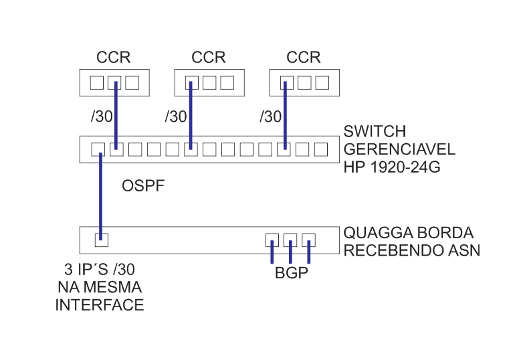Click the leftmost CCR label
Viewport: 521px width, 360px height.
114,57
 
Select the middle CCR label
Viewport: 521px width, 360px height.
209,57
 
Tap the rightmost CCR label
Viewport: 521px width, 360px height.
304,57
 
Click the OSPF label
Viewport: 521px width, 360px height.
143,185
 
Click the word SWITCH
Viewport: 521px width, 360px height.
375,130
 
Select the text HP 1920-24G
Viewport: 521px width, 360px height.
391,167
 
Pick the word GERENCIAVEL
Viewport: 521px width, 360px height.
399,149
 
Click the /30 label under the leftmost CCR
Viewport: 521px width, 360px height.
102,116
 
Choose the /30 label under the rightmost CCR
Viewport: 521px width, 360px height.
271,116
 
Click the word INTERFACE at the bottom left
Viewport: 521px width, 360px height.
99,305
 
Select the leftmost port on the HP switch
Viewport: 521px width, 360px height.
98,149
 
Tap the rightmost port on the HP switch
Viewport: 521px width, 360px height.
322,149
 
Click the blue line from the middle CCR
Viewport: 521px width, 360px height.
191,114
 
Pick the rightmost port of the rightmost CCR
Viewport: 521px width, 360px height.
322,83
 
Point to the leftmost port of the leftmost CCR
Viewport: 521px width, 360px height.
98,83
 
